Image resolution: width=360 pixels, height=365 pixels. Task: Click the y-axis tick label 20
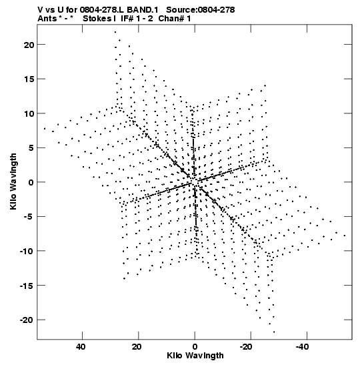point(29,45)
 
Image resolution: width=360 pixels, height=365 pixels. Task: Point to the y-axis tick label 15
point(29,79)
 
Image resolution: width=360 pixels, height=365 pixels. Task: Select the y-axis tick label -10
point(27,252)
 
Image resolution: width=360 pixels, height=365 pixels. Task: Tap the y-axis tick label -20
point(27,320)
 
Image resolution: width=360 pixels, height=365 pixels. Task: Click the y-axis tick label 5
point(31,148)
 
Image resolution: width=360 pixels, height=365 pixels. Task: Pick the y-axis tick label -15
point(27,286)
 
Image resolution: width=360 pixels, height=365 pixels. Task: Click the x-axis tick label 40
point(81,347)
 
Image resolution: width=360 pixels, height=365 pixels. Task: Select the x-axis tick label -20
point(245,347)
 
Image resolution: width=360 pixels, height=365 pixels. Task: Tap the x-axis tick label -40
point(301,347)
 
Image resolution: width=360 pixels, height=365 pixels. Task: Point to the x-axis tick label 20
point(137,347)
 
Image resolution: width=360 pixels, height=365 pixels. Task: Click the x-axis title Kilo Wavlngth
point(195,356)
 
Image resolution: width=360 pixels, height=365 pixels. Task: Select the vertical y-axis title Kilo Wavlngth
point(13,181)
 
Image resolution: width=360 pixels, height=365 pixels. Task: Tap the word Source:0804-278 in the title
point(201,10)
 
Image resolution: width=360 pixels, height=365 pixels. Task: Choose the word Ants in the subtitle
point(47,19)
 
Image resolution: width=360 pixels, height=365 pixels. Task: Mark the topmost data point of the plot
point(115,32)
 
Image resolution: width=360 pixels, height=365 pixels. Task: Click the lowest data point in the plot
point(274,332)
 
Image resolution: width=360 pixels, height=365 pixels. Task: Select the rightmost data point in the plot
point(345,236)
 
